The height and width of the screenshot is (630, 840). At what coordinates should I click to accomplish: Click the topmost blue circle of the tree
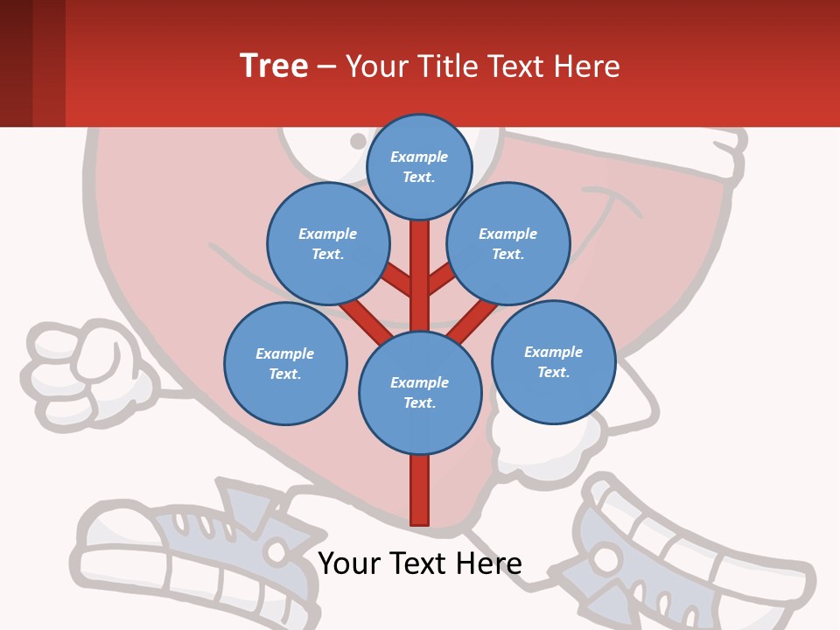click(x=419, y=166)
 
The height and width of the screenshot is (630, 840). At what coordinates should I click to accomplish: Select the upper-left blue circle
click(x=328, y=244)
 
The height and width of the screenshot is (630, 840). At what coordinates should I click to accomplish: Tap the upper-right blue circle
click(x=508, y=244)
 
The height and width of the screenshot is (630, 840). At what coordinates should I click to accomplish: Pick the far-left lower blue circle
click(x=285, y=364)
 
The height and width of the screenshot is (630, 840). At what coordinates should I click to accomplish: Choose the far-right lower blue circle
click(x=553, y=362)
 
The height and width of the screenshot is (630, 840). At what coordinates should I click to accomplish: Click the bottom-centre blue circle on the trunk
click(x=420, y=393)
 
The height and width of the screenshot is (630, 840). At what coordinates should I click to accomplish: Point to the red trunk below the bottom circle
click(x=420, y=490)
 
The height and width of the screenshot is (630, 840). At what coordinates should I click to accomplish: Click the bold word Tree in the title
click(x=274, y=66)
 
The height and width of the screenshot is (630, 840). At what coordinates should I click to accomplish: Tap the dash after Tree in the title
click(x=326, y=66)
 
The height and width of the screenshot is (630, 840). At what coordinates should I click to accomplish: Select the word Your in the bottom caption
click(x=348, y=563)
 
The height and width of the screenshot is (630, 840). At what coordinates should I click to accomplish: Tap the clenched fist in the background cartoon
click(x=87, y=367)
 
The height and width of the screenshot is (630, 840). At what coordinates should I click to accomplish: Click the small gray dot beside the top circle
click(x=358, y=141)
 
